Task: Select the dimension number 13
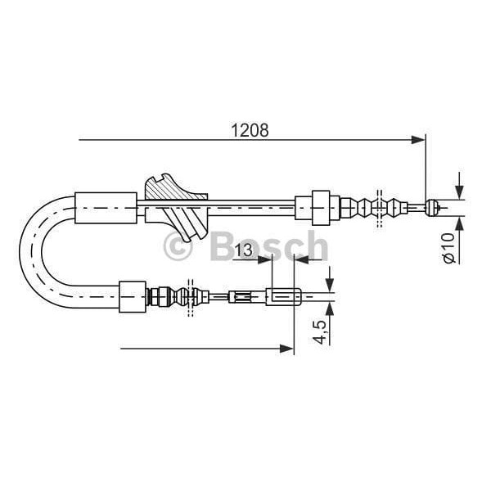242,250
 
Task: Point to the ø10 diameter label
448,246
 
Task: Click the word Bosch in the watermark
268,245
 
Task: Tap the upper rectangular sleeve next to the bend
106,207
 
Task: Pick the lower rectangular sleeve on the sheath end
132,296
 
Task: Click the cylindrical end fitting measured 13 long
286,296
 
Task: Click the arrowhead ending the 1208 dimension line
419,140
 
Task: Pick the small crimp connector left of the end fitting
243,296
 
